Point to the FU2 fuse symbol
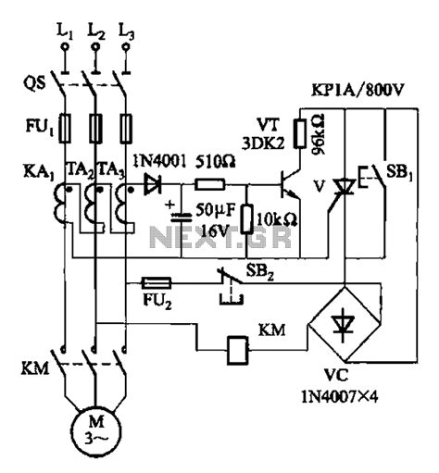(157, 280)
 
